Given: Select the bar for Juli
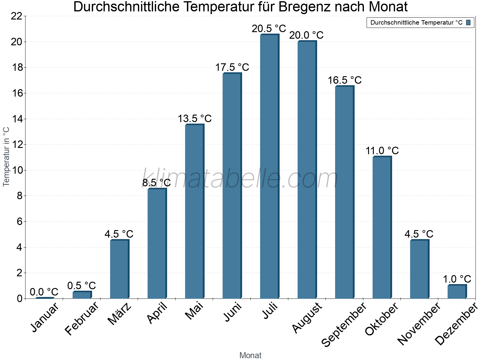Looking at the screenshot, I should tap(269, 166).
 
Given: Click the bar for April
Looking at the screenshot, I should tap(157, 244).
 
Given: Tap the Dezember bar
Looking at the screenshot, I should tap(457, 292).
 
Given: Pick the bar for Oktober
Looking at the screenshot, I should tap(382, 227).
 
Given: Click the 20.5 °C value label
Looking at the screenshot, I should tap(269, 29).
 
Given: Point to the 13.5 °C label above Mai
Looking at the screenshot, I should tap(195, 119).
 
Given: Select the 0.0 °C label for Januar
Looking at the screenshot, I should tap(44, 292).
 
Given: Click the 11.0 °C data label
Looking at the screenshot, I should tap(382, 151).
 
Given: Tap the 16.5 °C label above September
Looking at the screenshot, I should tap(344, 80).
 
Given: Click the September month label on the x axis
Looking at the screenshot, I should tap(344, 324).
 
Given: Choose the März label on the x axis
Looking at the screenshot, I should tap(119, 314).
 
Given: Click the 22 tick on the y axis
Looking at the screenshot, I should tap(16, 16).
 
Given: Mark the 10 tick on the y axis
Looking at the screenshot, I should tap(16, 170).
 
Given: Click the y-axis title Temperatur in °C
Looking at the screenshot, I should tap(6, 157).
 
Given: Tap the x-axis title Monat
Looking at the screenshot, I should tap(250, 355).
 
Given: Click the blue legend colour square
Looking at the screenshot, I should tap(468, 22).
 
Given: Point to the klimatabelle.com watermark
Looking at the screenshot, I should tap(240, 179).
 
